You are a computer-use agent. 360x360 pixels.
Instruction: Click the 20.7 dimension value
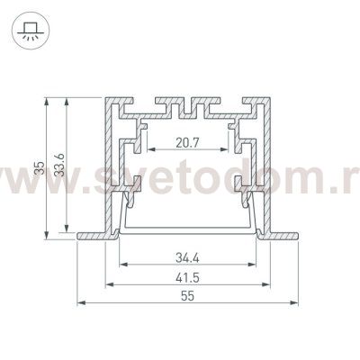click(x=187, y=143)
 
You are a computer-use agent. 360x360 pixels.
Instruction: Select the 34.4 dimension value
click(x=187, y=258)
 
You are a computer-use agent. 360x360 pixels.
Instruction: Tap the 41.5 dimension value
click(x=187, y=278)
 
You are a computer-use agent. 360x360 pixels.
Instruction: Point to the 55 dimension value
click(x=188, y=296)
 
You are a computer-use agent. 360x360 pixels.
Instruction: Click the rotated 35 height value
click(x=40, y=168)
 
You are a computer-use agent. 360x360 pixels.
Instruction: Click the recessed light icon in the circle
click(x=31, y=31)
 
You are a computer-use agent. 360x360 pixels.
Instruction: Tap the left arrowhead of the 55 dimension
click(x=82, y=303)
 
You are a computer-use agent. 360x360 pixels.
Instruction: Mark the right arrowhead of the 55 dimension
click(x=293, y=303)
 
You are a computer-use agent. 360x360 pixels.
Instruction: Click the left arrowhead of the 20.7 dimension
click(x=152, y=149)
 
